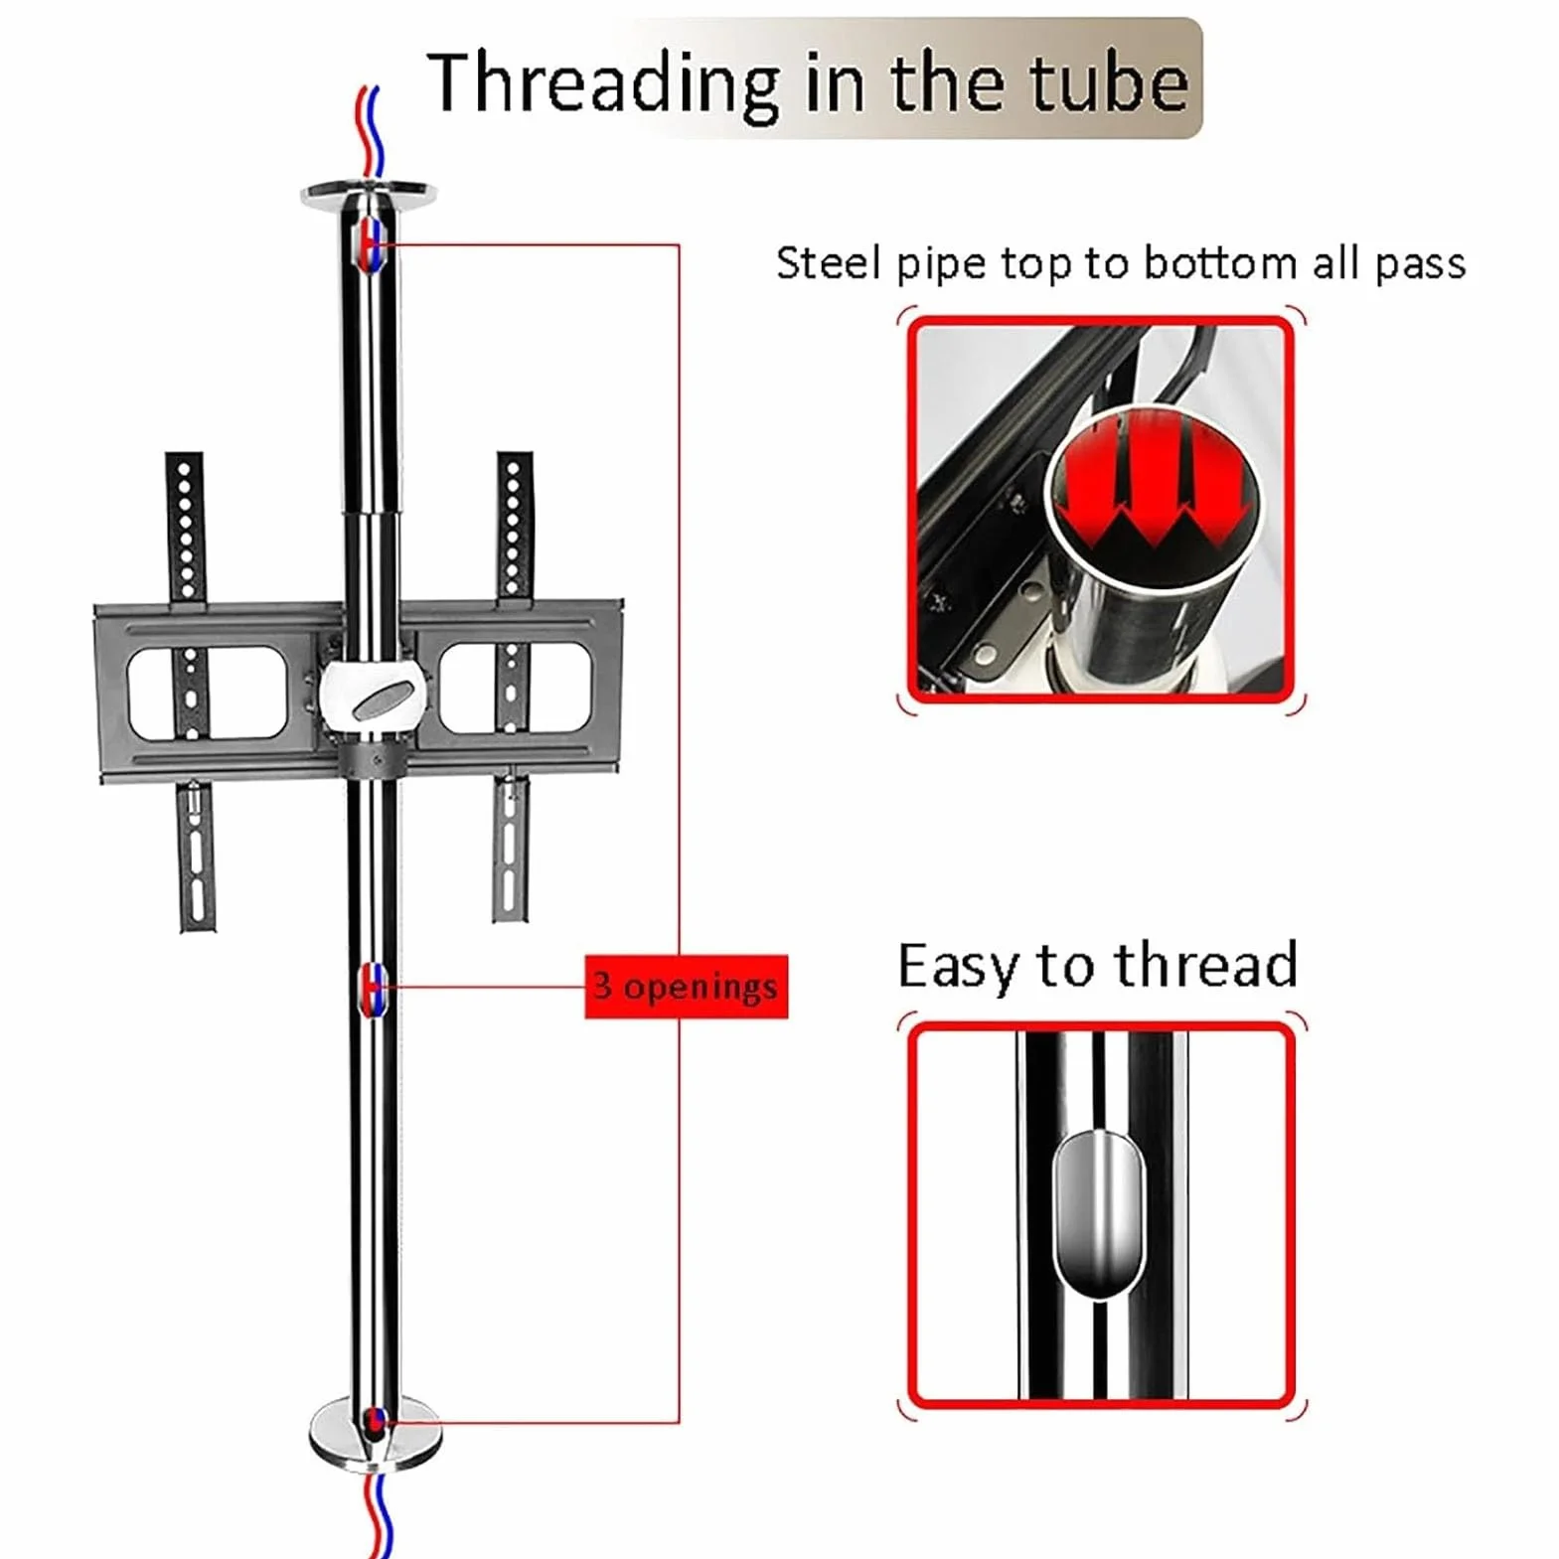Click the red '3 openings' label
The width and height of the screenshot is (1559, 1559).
(x=686, y=987)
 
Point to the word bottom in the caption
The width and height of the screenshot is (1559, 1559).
(x=1220, y=263)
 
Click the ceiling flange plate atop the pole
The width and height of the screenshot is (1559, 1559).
(x=368, y=192)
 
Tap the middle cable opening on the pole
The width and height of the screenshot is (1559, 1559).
(x=374, y=989)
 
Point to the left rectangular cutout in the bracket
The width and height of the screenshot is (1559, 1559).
(x=207, y=692)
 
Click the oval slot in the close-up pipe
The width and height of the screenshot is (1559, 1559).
(x=1098, y=1214)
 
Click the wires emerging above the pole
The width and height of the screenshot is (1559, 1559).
(x=370, y=133)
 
